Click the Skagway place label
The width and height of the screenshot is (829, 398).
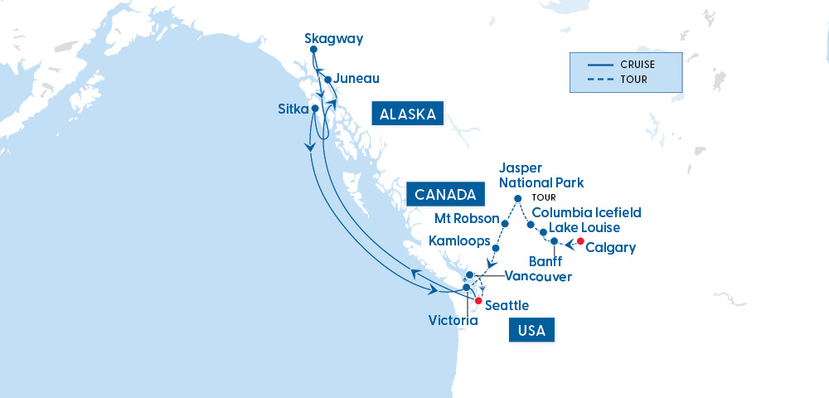pos(333,38)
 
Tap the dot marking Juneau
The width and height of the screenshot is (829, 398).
pos(328,80)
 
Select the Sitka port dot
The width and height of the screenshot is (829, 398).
pos(314,109)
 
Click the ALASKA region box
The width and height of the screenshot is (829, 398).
pos(408,114)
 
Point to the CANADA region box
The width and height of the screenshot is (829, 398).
pos(446,195)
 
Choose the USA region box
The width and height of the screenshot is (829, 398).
pos(531,330)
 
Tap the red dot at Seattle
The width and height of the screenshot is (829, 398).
pos(478,301)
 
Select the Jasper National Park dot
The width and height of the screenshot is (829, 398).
pos(518,198)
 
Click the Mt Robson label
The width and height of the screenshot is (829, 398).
pos(467,219)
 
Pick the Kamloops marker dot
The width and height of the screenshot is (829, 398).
pos(495,248)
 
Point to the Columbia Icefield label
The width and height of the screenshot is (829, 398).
pos(586,213)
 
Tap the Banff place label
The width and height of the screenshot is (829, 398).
pos(545,261)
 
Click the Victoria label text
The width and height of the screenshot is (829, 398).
pos(453,319)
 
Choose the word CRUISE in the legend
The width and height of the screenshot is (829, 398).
pos(637,64)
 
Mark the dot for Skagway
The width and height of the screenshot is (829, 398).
pos(313,50)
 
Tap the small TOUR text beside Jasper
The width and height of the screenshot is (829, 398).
pos(544,198)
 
